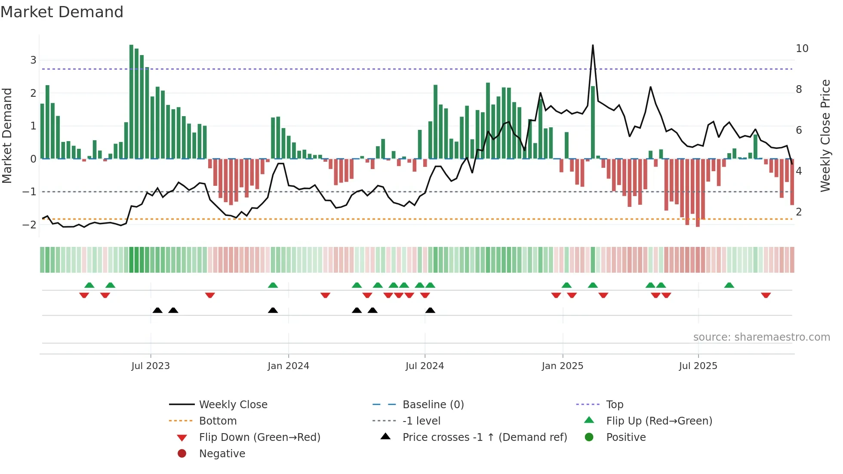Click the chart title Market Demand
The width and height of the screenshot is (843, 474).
[x=62, y=12]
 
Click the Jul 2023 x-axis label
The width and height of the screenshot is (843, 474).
[x=151, y=366]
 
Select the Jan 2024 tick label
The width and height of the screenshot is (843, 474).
[x=288, y=366]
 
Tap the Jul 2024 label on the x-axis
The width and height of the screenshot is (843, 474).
[x=425, y=366]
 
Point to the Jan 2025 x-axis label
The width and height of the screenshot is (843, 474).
[x=562, y=366]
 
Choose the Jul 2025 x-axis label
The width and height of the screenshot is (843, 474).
[x=698, y=366]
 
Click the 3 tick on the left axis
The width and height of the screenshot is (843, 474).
[x=33, y=60]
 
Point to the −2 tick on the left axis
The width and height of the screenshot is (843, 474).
[x=30, y=225]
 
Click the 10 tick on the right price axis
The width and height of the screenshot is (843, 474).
[x=802, y=49]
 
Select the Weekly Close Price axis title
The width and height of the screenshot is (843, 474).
[x=825, y=135]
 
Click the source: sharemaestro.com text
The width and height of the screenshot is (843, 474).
[x=761, y=337]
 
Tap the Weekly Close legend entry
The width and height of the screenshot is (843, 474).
[x=233, y=405]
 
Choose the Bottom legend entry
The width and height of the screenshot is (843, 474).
[x=218, y=421]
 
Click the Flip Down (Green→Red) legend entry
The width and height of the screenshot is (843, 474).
[x=259, y=437]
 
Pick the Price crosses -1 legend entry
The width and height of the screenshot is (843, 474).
[x=484, y=437]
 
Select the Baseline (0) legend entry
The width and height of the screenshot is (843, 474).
[x=433, y=405]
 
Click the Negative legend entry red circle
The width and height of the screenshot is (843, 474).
[x=182, y=454]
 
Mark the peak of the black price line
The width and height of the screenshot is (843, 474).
[x=593, y=45]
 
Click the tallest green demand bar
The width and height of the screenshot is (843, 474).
[x=132, y=102]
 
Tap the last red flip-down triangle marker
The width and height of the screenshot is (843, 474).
[x=766, y=295]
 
